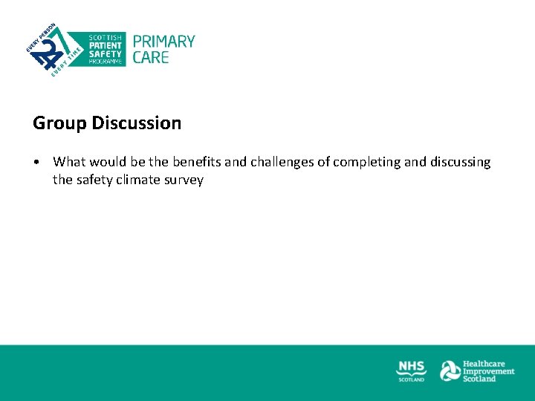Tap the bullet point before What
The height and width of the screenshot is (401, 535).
(36, 162)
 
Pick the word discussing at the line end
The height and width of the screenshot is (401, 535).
(461, 162)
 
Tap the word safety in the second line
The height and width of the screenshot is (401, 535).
(94, 180)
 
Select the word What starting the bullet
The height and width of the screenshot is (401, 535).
(71, 162)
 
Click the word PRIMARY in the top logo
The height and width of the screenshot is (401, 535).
(163, 42)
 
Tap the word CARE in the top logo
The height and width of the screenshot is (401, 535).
(151, 57)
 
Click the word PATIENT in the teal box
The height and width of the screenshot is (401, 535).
(106, 45)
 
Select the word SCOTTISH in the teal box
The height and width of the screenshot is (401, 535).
(106, 37)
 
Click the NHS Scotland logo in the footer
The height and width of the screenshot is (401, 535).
(412, 370)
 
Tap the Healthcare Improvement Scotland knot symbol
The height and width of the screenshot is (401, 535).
(450, 371)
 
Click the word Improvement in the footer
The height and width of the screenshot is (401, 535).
(488, 371)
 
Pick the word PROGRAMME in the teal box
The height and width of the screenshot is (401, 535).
(105, 62)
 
